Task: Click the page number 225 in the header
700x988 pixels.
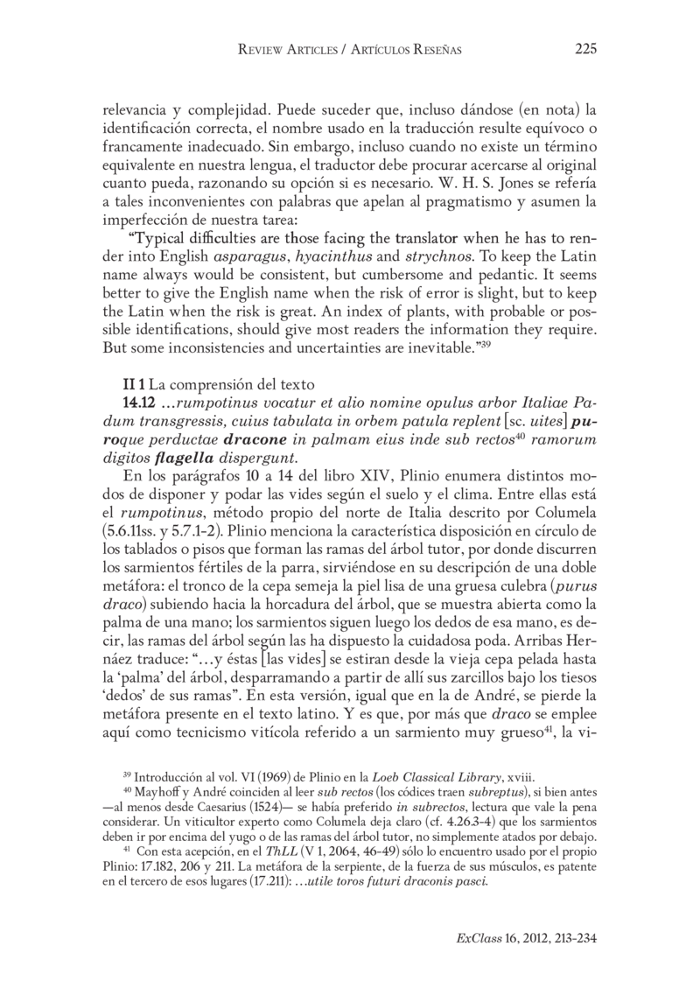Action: tap(585, 50)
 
